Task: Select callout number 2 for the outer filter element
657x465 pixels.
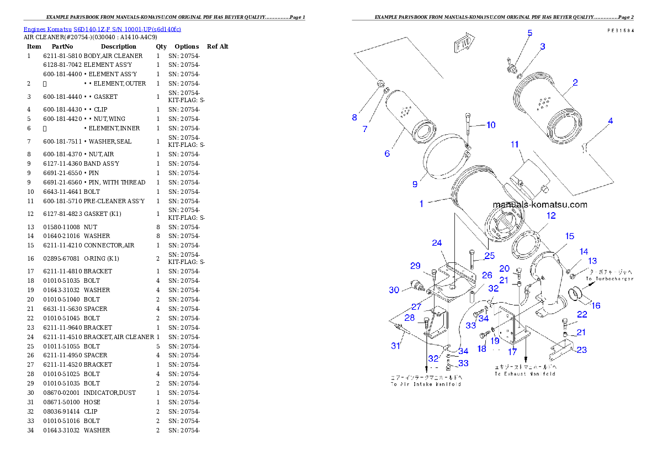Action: pos(575,83)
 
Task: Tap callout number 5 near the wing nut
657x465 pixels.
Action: pos(529,33)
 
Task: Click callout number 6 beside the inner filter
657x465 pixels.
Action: pos(387,153)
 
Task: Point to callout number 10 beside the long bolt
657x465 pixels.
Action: pos(491,125)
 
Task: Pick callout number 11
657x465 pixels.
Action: pos(515,145)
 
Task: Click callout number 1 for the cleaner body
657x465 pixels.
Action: pos(421,204)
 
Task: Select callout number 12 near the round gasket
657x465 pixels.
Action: pos(551,216)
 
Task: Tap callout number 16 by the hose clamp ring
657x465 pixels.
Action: pos(596,305)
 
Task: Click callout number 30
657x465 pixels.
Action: pos(394,290)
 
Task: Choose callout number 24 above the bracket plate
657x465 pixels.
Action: pos(437,243)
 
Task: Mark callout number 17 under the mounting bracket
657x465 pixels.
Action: pos(513,351)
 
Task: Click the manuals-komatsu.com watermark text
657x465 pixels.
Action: pos(540,205)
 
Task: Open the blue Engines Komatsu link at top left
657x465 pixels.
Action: pos(102,29)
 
